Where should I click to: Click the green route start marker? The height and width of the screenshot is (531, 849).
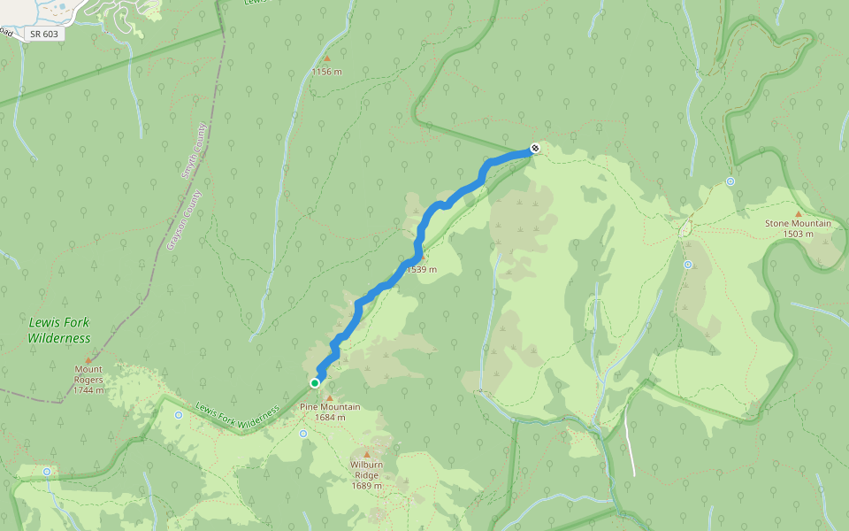pos(314,383)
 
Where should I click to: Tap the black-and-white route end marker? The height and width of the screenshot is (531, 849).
pos(534,149)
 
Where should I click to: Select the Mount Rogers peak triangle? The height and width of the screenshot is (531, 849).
pos(88,359)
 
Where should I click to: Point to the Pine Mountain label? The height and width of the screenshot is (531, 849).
pos(329,407)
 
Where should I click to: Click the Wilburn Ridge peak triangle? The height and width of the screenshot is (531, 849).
pos(366,454)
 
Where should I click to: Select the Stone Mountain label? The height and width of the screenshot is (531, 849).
pos(798,224)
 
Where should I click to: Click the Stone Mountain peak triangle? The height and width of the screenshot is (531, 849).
pos(798,213)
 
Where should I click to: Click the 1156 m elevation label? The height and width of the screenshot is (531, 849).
pos(326,72)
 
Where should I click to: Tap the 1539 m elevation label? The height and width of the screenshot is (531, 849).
pos(422,269)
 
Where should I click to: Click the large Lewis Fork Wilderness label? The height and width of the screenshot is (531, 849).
pos(58,331)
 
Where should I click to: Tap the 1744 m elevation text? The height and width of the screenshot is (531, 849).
pos(88,390)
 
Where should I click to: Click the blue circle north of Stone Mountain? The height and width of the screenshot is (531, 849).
pos(730,181)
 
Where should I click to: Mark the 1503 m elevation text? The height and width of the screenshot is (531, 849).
pos(798,235)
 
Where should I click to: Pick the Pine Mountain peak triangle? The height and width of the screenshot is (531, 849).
pos(329,397)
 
